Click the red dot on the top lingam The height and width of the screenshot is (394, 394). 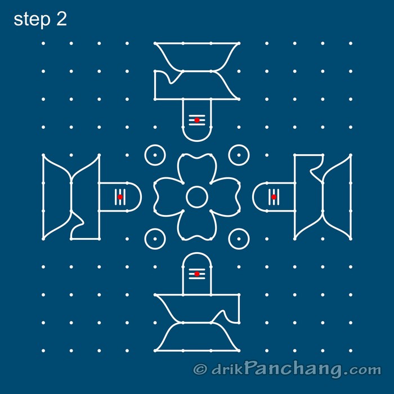(196, 120)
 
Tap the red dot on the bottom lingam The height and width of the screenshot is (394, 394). (196, 274)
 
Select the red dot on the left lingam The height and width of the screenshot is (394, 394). (120, 197)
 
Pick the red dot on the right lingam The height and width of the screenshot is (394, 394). (274, 197)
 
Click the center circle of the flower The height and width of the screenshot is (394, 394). (196, 197)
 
